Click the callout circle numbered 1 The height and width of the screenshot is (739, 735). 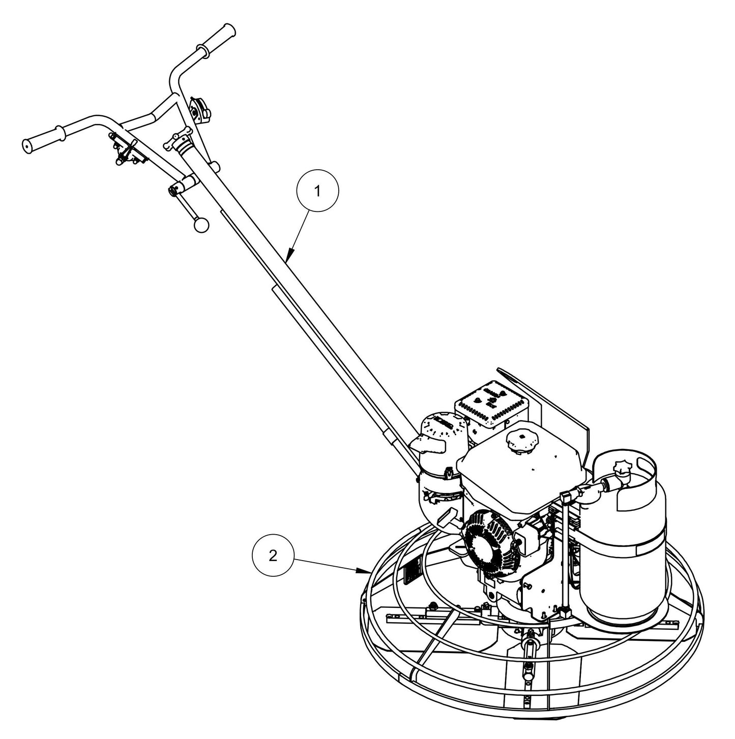coord(317,192)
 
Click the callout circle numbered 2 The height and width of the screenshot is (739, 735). coord(273,557)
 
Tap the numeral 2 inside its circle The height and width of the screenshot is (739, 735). coord(273,557)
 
